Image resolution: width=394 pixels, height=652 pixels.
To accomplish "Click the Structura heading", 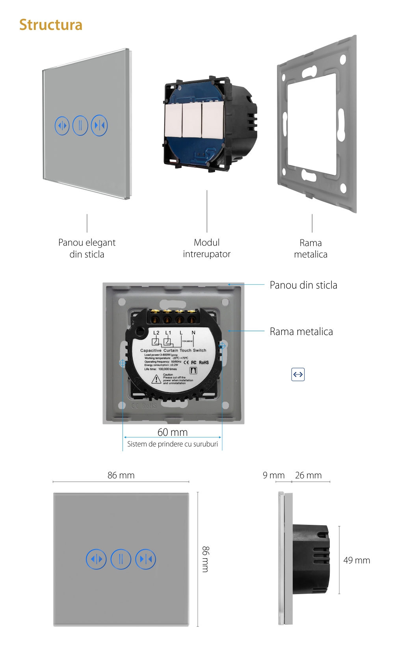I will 51,25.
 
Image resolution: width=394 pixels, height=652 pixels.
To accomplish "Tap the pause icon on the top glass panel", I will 80,126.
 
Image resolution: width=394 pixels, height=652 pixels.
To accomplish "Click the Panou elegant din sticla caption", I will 87,248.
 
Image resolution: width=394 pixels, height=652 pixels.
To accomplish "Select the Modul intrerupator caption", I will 206,248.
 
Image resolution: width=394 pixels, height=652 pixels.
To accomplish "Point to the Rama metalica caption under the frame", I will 310,248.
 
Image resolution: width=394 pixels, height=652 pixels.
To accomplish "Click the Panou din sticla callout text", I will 303,285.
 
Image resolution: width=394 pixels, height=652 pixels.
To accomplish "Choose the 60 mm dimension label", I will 173,432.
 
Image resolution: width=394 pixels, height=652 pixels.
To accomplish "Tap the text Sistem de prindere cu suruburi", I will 173,444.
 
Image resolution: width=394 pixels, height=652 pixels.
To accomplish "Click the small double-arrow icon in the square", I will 298,374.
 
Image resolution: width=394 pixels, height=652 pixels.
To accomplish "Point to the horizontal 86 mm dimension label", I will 121,475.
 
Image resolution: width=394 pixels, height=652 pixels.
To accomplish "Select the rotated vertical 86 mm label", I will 206,559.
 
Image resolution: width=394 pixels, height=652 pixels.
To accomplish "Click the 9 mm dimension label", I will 273,475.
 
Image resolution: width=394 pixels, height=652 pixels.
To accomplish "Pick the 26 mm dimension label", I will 308,475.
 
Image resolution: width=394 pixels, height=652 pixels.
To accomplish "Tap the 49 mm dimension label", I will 357,560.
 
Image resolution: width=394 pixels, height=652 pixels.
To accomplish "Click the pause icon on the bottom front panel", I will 121,559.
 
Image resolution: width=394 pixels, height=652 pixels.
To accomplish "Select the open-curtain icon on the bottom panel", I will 96,559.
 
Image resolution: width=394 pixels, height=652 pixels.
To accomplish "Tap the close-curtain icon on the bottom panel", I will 146,559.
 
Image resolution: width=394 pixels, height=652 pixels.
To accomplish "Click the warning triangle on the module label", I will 156,379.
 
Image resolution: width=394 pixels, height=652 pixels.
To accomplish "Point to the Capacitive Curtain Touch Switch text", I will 173,350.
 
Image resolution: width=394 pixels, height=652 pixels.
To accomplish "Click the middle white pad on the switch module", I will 192,120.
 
